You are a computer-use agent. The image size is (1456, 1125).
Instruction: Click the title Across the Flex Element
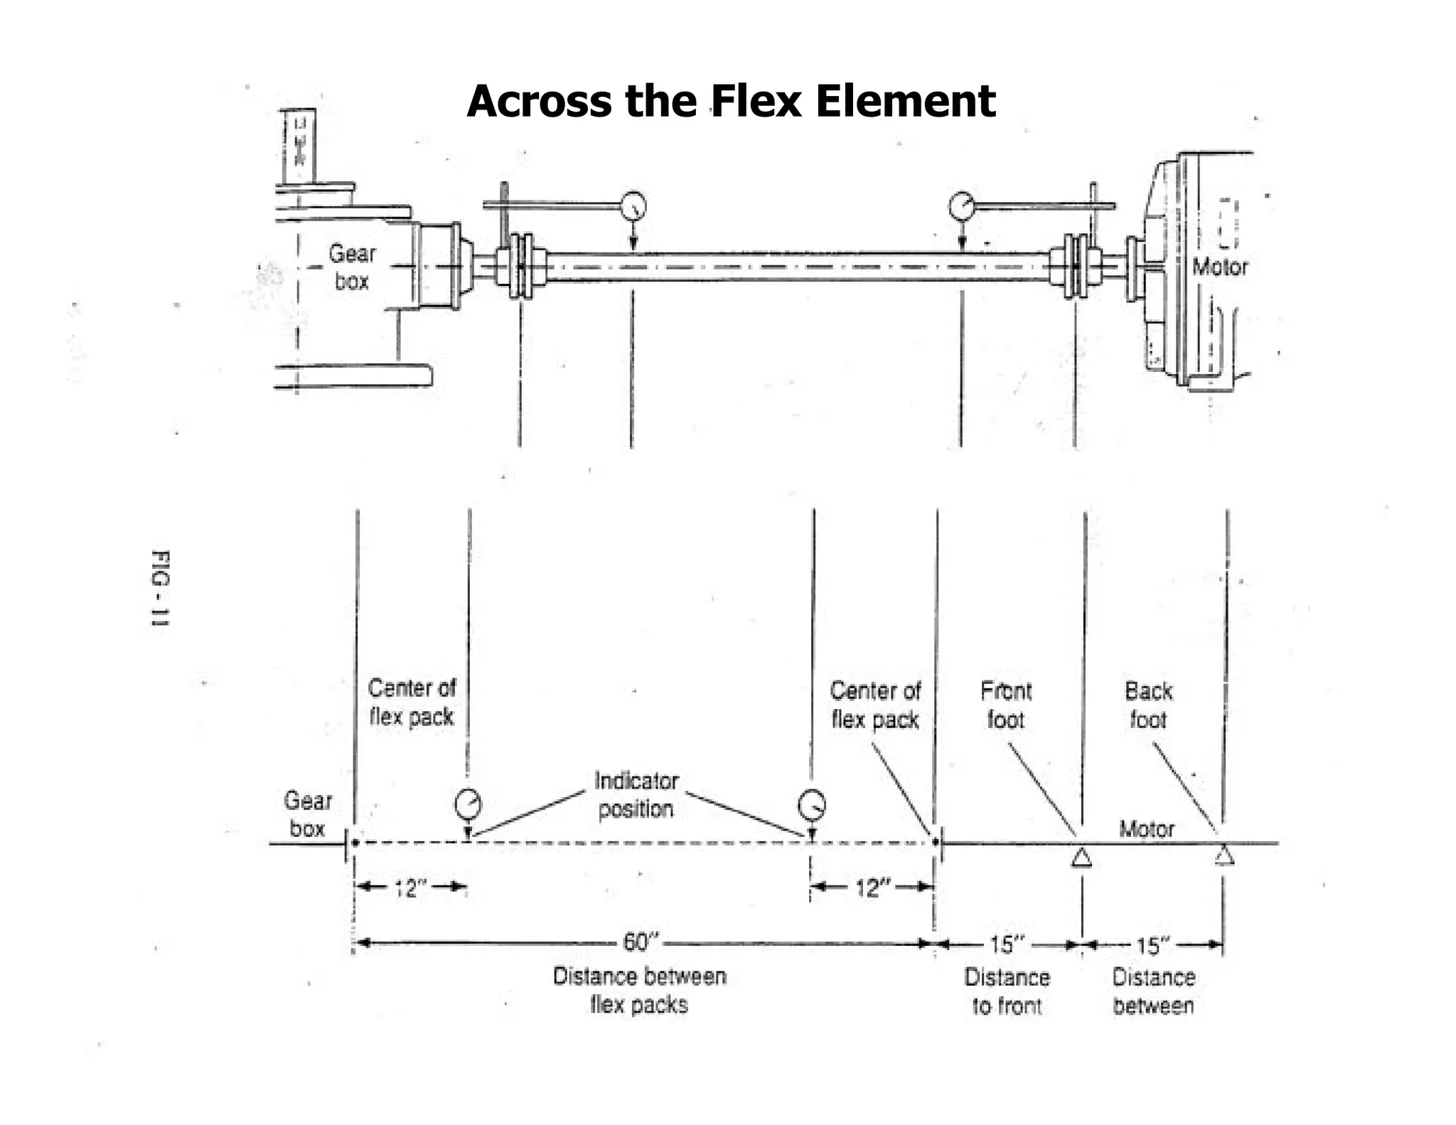point(730,101)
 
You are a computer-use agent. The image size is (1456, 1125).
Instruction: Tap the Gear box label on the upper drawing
point(351,267)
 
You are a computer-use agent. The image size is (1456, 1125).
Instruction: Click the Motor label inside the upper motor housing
point(1219,267)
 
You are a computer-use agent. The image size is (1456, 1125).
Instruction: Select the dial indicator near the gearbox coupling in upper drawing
point(633,206)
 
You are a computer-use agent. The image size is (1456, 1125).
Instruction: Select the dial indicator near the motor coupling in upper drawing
point(961,206)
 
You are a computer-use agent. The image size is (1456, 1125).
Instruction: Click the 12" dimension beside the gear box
point(409,888)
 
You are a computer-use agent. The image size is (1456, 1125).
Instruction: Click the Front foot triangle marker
point(1081,858)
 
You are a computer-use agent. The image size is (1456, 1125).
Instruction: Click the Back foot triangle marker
point(1223,855)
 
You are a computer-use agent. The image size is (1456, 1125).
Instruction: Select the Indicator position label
point(636,794)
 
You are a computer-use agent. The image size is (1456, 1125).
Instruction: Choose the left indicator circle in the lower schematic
point(468,805)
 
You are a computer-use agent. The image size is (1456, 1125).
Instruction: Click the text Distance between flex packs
point(639,990)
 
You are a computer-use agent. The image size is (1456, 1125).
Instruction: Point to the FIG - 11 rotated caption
point(161,588)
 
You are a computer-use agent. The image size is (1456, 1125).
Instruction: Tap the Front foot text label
point(1005,705)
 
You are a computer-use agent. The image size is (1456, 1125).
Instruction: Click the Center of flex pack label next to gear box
point(411,702)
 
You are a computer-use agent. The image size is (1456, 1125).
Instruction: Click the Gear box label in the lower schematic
point(307,814)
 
